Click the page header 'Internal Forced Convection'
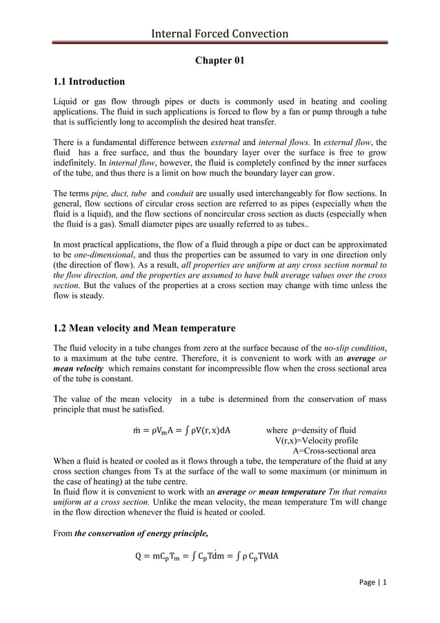coord(220,34)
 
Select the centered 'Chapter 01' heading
coord(220,61)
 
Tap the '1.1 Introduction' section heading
coord(89,82)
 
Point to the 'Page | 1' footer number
coord(373,582)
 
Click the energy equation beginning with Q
coord(208,557)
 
